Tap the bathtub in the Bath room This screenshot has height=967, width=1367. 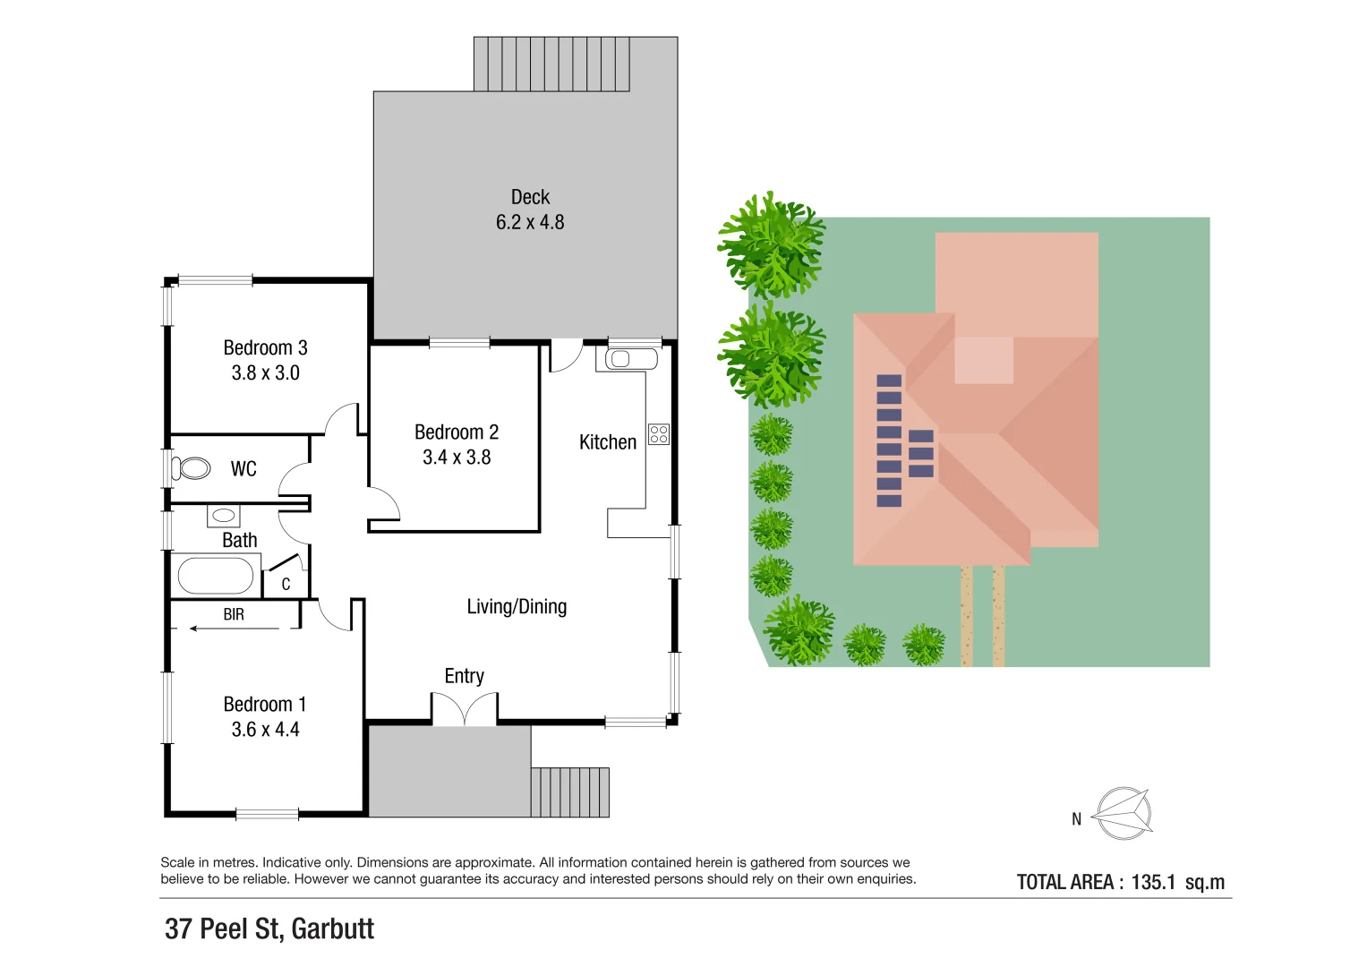(x=216, y=576)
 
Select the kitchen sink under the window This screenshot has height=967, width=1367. (x=631, y=360)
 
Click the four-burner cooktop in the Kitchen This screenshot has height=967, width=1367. (x=659, y=434)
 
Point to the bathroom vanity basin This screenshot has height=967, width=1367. (x=223, y=516)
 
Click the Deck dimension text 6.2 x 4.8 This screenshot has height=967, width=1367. (x=530, y=222)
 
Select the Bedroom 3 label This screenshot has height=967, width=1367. (x=265, y=347)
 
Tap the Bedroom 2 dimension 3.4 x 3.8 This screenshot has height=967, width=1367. (x=457, y=458)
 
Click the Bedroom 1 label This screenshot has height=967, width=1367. (x=265, y=704)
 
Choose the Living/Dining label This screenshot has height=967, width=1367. (x=517, y=607)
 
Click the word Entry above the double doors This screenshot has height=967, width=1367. (x=464, y=676)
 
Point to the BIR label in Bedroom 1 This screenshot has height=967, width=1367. (x=234, y=614)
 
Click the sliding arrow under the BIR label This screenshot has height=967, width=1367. (x=235, y=629)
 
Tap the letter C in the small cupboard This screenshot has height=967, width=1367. (x=286, y=585)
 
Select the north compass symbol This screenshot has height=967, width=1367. (x=1123, y=814)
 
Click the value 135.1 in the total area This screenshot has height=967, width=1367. (x=1153, y=882)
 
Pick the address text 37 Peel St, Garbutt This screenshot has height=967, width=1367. (x=269, y=928)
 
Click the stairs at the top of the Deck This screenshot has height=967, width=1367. (x=551, y=64)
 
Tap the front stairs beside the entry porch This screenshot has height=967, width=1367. (x=570, y=792)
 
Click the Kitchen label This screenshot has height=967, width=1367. (x=607, y=442)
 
